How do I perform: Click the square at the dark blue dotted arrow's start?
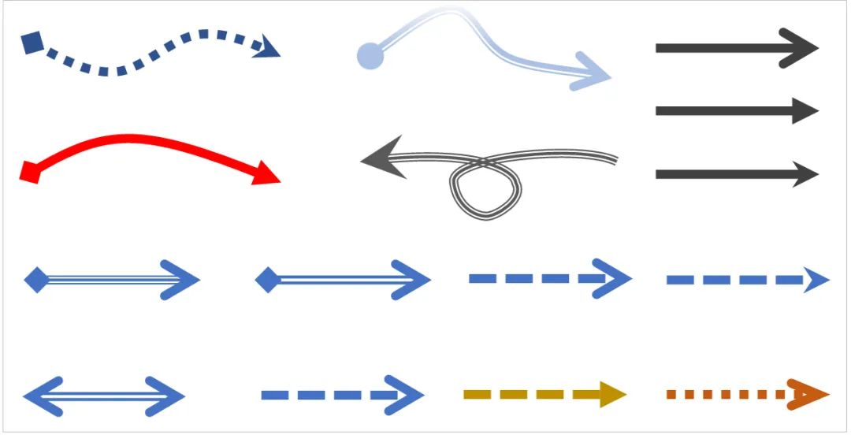click(x=32, y=43)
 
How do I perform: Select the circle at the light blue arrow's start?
click(x=370, y=56)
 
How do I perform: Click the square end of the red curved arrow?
click(x=30, y=171)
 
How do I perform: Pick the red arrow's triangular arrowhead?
click(x=266, y=173)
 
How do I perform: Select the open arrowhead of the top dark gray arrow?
click(x=804, y=48)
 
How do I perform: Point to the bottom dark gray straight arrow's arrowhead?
click(x=805, y=174)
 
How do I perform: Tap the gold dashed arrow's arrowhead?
click(x=611, y=393)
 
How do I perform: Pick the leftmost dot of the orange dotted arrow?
click(x=671, y=394)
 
